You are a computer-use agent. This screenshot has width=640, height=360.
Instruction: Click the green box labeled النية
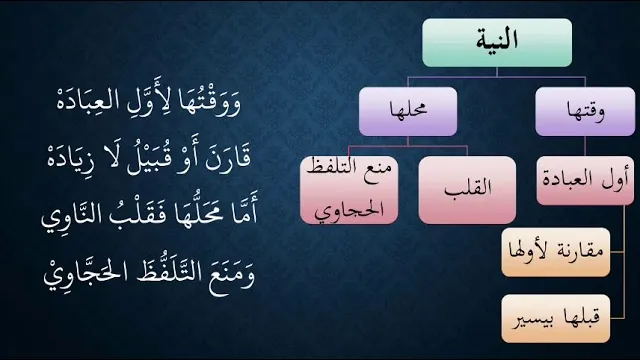point(497,42)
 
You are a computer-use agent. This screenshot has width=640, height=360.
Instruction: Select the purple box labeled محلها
point(408,111)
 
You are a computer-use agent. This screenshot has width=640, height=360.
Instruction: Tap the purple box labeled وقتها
point(585,111)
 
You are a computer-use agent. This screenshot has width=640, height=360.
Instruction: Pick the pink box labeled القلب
point(467,190)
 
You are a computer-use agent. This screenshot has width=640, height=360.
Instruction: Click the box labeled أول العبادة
point(585,180)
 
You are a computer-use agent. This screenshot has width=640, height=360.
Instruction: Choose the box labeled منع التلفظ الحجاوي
point(349,190)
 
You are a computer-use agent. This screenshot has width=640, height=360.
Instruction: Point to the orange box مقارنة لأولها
point(556,252)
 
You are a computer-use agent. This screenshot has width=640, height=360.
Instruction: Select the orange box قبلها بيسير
point(556,318)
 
